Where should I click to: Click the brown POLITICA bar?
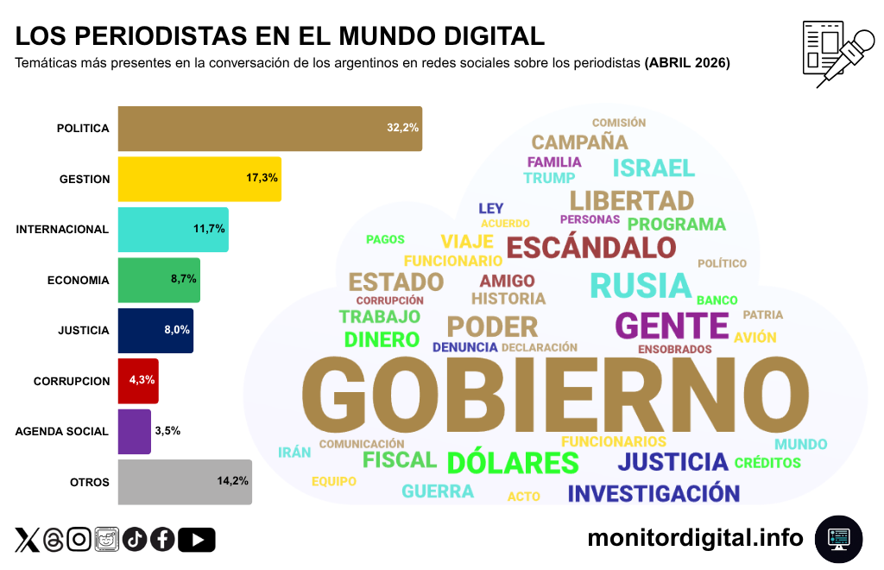269,129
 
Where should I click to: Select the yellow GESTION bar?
199,179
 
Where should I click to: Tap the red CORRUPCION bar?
138,381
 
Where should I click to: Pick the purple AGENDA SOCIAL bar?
134,431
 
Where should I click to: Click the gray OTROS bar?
184,482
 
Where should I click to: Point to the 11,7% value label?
210,229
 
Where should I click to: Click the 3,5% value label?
167,430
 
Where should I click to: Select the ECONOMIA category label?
78,280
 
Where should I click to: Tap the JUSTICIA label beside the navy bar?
83,330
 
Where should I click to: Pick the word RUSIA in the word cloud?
641,285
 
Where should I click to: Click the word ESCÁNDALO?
590,248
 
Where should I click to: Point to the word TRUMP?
549,178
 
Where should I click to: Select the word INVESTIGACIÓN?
654,494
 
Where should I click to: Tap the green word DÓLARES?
513,463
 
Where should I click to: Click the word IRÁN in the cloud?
294,453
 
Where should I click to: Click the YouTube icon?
197,540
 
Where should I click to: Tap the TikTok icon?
134,540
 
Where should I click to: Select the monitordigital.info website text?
695,538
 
